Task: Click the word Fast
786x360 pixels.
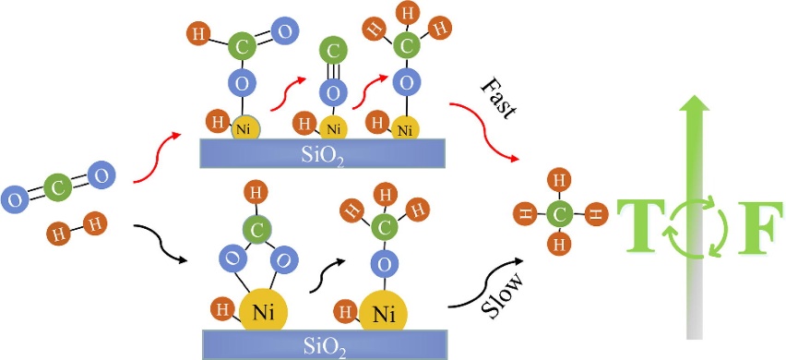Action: (x=498, y=99)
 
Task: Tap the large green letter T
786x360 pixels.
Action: (x=638, y=227)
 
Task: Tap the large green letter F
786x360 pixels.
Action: (x=759, y=227)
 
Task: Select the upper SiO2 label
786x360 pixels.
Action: (x=323, y=153)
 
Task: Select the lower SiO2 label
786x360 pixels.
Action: (x=325, y=345)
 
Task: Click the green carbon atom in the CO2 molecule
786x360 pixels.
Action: (x=57, y=188)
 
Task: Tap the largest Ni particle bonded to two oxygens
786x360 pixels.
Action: (x=263, y=312)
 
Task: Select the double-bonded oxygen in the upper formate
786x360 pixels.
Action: (x=285, y=31)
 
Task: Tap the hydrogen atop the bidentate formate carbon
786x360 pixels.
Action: (x=256, y=193)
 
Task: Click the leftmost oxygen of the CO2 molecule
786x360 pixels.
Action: (x=16, y=199)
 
